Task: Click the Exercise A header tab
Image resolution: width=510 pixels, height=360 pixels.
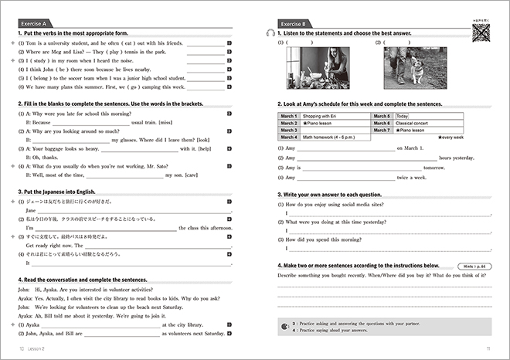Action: (39, 22)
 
